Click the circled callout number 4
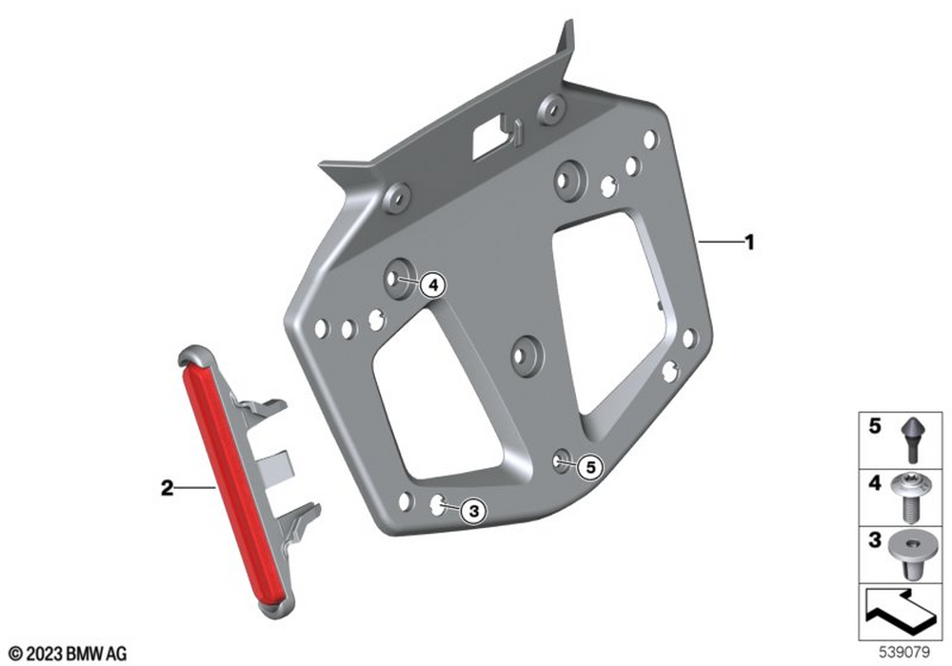(x=433, y=284)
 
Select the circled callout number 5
(x=590, y=468)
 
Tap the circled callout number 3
(x=473, y=511)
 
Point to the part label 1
(x=750, y=243)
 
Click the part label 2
(x=167, y=487)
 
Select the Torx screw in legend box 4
(x=909, y=498)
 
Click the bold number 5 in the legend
(x=874, y=426)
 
